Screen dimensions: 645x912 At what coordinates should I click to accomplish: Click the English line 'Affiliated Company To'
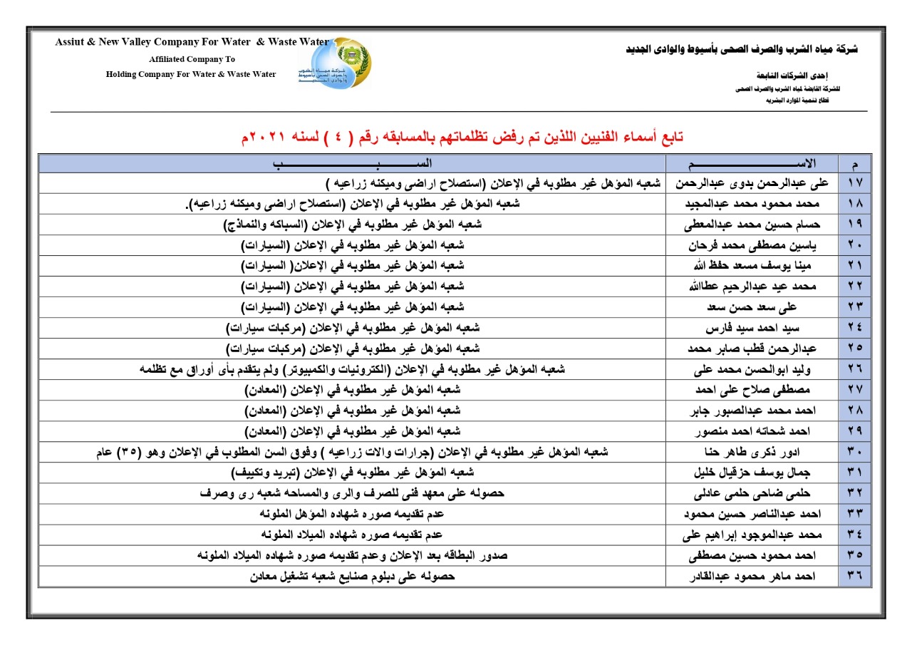click(x=192, y=59)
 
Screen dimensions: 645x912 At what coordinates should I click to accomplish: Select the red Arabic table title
click(x=462, y=137)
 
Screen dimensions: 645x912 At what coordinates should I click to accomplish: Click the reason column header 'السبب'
click(x=352, y=163)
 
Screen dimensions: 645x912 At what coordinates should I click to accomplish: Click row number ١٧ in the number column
click(x=855, y=182)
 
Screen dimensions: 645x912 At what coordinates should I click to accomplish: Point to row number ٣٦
click(x=855, y=577)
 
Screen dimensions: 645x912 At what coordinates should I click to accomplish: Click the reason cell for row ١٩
click(x=352, y=224)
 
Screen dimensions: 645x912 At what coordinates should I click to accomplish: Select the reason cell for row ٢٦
click(x=352, y=369)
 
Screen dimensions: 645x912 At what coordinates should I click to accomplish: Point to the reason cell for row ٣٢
click(x=352, y=493)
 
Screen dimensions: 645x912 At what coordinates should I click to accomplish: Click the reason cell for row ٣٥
click(x=352, y=555)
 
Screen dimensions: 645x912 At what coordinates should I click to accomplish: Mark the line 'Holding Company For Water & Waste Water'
click(x=191, y=74)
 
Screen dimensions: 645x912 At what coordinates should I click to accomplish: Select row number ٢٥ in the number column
click(x=855, y=348)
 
